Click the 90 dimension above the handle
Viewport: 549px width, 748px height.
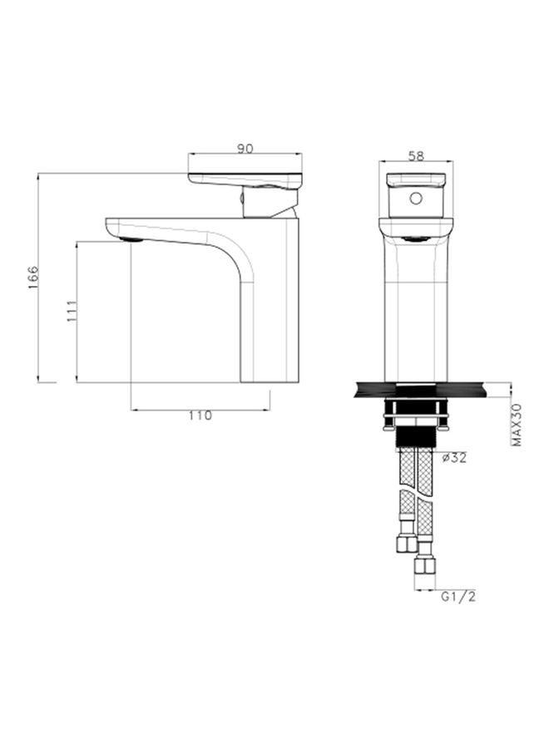click(245, 148)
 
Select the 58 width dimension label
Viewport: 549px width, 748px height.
click(416, 155)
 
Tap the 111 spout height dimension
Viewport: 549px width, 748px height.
click(72, 311)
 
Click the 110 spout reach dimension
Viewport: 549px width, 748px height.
click(200, 416)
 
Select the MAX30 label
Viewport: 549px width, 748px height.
click(516, 426)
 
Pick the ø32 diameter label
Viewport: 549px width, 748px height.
click(455, 458)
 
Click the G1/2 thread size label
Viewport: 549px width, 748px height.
click(457, 595)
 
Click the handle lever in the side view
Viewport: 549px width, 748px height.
click(245, 178)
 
